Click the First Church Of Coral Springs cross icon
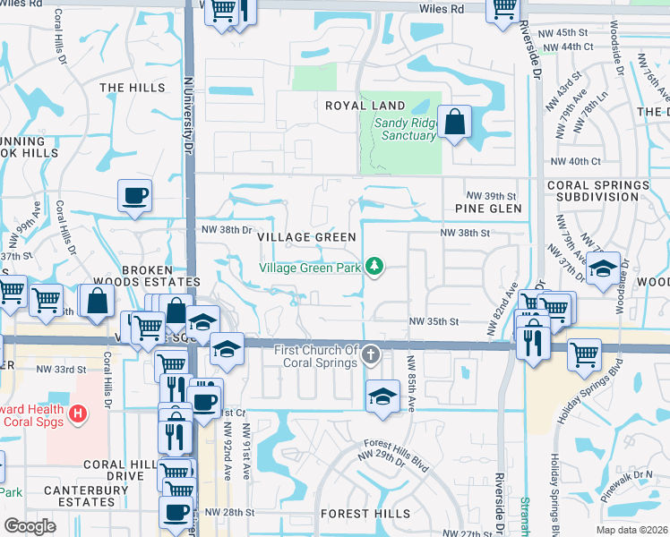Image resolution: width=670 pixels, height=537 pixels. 369,357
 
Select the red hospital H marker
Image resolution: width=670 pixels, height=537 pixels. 78,413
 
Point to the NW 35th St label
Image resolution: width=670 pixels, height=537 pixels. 434,321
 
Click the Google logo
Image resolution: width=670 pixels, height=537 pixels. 30,526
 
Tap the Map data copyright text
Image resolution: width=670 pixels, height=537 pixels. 631,530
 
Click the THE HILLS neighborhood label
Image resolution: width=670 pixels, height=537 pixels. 133,88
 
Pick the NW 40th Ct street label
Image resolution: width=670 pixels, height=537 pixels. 575,161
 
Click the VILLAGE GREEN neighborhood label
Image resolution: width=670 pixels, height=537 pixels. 306,237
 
